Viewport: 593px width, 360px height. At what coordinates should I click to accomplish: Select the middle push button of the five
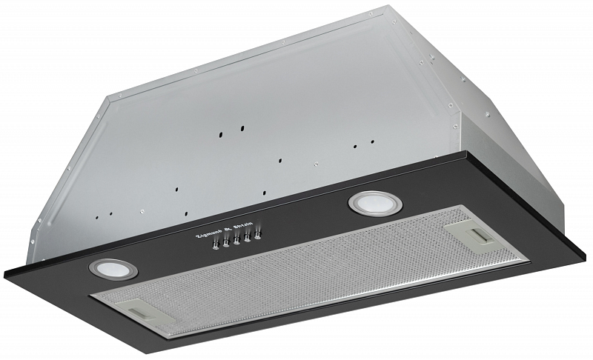[x=236, y=239]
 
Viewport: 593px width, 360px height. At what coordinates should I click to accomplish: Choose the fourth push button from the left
[x=247, y=237]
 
